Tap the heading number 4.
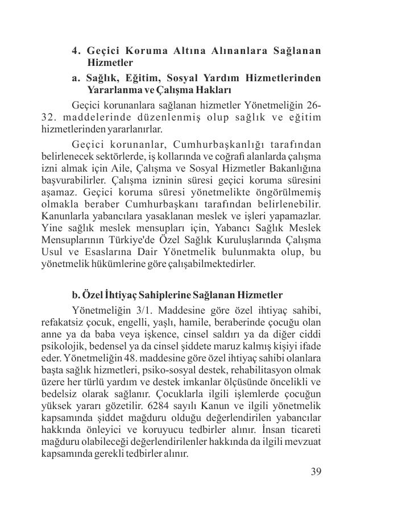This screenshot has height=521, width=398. coord(76,51)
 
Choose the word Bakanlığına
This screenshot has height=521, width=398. coord(292,169)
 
